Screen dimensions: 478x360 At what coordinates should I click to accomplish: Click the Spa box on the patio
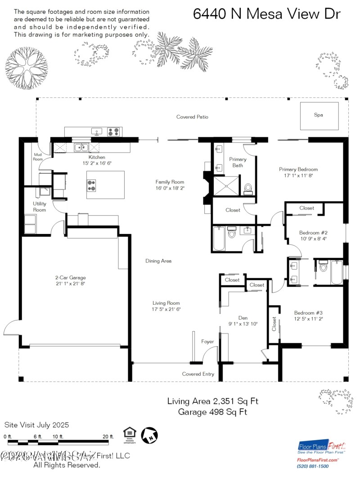pos(319,115)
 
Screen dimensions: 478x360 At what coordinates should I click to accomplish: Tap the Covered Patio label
pos(192,117)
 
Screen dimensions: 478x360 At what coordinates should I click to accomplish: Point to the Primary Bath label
pos(238,162)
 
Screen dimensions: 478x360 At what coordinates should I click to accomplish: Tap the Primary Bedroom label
pos(298,169)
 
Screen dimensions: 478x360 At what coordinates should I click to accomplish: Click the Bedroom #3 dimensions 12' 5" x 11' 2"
pos(309,319)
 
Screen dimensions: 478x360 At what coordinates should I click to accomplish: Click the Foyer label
pos(207,342)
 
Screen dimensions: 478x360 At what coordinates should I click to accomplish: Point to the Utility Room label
pos(40,207)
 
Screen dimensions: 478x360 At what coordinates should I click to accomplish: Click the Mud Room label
pos(38,157)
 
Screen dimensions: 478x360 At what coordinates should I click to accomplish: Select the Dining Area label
pos(158,261)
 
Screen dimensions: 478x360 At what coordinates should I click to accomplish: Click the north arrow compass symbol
pos(149,435)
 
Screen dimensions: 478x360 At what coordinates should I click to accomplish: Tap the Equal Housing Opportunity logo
pos(130,434)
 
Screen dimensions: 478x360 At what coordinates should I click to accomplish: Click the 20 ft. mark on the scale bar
pos(108,437)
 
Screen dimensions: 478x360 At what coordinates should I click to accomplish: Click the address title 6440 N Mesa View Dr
pos(266,14)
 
